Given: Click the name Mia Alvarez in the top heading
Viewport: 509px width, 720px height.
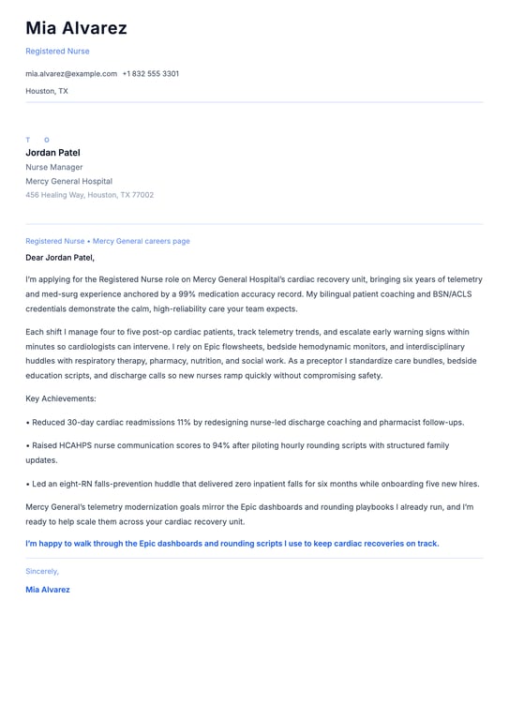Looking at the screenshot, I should (x=76, y=28).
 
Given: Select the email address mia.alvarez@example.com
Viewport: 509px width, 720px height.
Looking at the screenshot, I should (x=71, y=73).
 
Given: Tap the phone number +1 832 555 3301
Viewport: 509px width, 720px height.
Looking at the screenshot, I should (x=150, y=73).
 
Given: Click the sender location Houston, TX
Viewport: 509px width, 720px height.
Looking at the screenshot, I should (x=47, y=91).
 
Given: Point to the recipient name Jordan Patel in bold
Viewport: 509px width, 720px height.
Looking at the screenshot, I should (x=52, y=153).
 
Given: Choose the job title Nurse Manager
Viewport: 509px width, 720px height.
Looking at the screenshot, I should (x=53, y=167).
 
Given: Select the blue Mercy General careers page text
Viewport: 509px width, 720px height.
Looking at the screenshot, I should (x=141, y=241).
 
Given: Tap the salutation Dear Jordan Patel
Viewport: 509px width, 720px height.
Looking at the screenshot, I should (x=60, y=257).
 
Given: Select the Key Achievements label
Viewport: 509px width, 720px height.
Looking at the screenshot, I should (x=56, y=398).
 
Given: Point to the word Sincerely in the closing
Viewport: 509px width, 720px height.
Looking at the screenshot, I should (x=42, y=571).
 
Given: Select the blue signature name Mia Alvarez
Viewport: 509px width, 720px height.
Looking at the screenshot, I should (x=48, y=590).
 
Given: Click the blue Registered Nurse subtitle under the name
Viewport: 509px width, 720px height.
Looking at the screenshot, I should (x=57, y=51).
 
